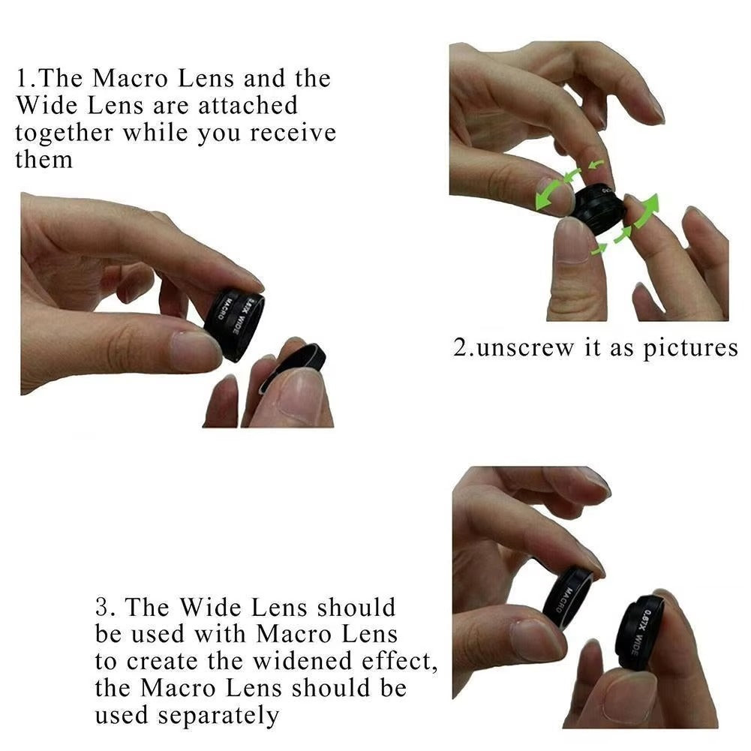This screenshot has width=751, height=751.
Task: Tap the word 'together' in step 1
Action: [x=64, y=134]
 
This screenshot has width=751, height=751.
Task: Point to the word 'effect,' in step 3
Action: [x=403, y=661]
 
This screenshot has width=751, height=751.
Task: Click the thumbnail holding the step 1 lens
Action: [x=196, y=348]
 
